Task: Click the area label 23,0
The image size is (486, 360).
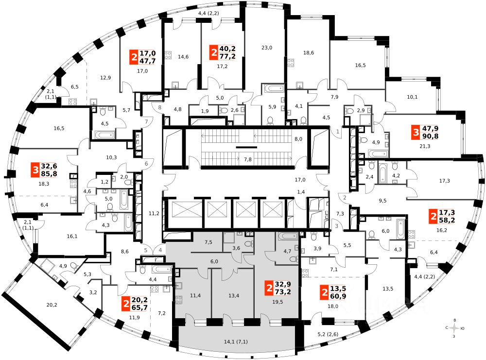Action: coord(267,48)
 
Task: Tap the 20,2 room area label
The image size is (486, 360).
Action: coord(52,306)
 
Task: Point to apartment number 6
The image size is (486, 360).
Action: coord(146,164)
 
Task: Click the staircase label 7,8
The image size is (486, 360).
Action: coord(247,159)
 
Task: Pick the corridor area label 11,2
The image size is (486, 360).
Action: coord(154,213)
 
